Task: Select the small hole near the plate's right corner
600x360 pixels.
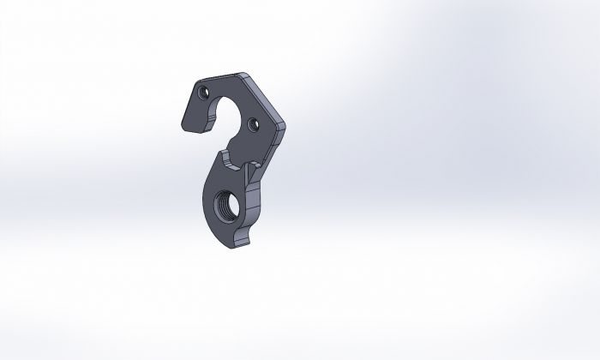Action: [252, 125]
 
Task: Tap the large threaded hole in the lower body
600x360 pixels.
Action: [225, 207]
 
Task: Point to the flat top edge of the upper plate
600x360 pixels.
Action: [218, 78]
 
